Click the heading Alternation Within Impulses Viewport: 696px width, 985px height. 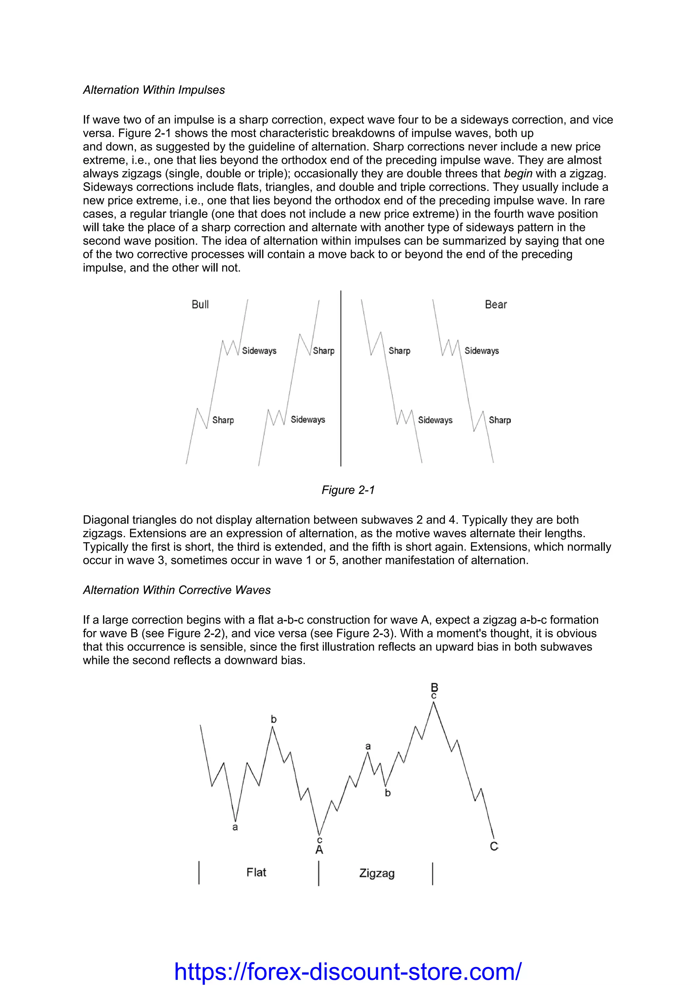pyautogui.click(x=154, y=90)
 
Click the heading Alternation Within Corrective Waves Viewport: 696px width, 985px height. pyautogui.click(x=177, y=590)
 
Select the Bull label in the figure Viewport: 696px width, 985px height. pyautogui.click(x=200, y=305)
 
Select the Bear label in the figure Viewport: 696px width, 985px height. pyautogui.click(x=496, y=305)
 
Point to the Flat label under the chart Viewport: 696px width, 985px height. pyautogui.click(x=257, y=872)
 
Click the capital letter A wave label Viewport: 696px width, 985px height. pyautogui.click(x=319, y=850)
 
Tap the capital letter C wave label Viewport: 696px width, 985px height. pyautogui.click(x=494, y=846)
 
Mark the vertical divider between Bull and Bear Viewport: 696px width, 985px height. pyautogui.click(x=341, y=378)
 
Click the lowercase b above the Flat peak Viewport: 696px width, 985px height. pyautogui.click(x=274, y=720)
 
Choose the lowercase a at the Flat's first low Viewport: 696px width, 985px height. pyautogui.click(x=235, y=827)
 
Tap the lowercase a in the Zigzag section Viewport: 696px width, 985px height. pyautogui.click(x=368, y=746)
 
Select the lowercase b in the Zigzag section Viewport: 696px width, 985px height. pyautogui.click(x=388, y=793)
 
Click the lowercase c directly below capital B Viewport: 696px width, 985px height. pyautogui.click(x=434, y=696)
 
